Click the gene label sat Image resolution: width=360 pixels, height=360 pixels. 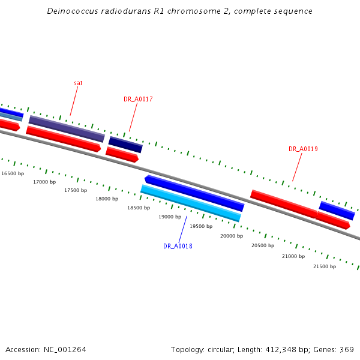pyautogui.click(x=78, y=83)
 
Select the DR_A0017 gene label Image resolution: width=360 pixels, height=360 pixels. pyautogui.click(x=138, y=99)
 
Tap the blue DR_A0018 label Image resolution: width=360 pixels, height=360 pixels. pyautogui.click(x=178, y=246)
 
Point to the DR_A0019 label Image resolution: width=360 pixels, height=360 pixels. pyautogui.click(x=303, y=149)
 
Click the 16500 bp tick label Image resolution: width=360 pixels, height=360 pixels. pyautogui.click(x=13, y=173)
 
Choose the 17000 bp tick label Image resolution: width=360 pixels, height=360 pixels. pyautogui.click(x=44, y=182)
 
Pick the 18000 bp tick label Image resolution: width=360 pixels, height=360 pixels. pyautogui.click(x=107, y=199)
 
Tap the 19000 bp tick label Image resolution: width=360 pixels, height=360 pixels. pyautogui.click(x=170, y=217)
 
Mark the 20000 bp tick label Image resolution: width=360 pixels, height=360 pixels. pyautogui.click(x=232, y=236)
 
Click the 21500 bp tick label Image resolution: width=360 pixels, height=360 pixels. pyautogui.click(x=325, y=266)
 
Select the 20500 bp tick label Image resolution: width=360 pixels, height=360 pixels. pyautogui.click(x=263, y=245)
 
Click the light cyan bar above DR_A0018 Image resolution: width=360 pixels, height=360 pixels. pyautogui.click(x=190, y=203)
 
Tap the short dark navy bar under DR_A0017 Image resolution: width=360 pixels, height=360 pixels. pyautogui.click(x=125, y=145)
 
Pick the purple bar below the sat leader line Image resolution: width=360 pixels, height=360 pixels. pyautogui.click(x=67, y=129)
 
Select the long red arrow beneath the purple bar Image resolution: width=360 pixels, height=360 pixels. pyautogui.click(x=63, y=139)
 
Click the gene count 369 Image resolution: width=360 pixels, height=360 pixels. pyautogui.click(x=347, y=350)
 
